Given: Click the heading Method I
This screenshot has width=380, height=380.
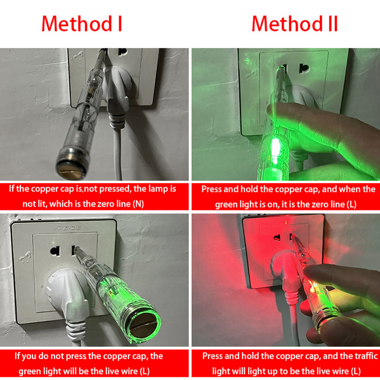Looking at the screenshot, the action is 82,24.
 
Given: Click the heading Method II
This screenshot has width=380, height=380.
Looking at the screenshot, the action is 294,24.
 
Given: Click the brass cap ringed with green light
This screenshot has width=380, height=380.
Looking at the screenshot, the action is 144,326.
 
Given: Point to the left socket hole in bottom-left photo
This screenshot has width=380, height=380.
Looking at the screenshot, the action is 55,251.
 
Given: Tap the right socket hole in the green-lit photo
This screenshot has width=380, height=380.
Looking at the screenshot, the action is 304,69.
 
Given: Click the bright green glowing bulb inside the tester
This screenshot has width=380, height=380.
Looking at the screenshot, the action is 275,148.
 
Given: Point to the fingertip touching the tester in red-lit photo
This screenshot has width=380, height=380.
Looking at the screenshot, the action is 309,271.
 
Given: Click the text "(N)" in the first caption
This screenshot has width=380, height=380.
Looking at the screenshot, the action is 138,204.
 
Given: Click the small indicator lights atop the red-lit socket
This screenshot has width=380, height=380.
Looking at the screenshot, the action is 286,221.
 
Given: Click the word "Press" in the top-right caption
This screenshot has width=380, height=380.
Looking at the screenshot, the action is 211,189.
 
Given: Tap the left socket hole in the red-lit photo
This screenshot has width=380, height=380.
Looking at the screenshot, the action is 277,238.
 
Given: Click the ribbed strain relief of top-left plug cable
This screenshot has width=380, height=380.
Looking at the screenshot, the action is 117,121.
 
